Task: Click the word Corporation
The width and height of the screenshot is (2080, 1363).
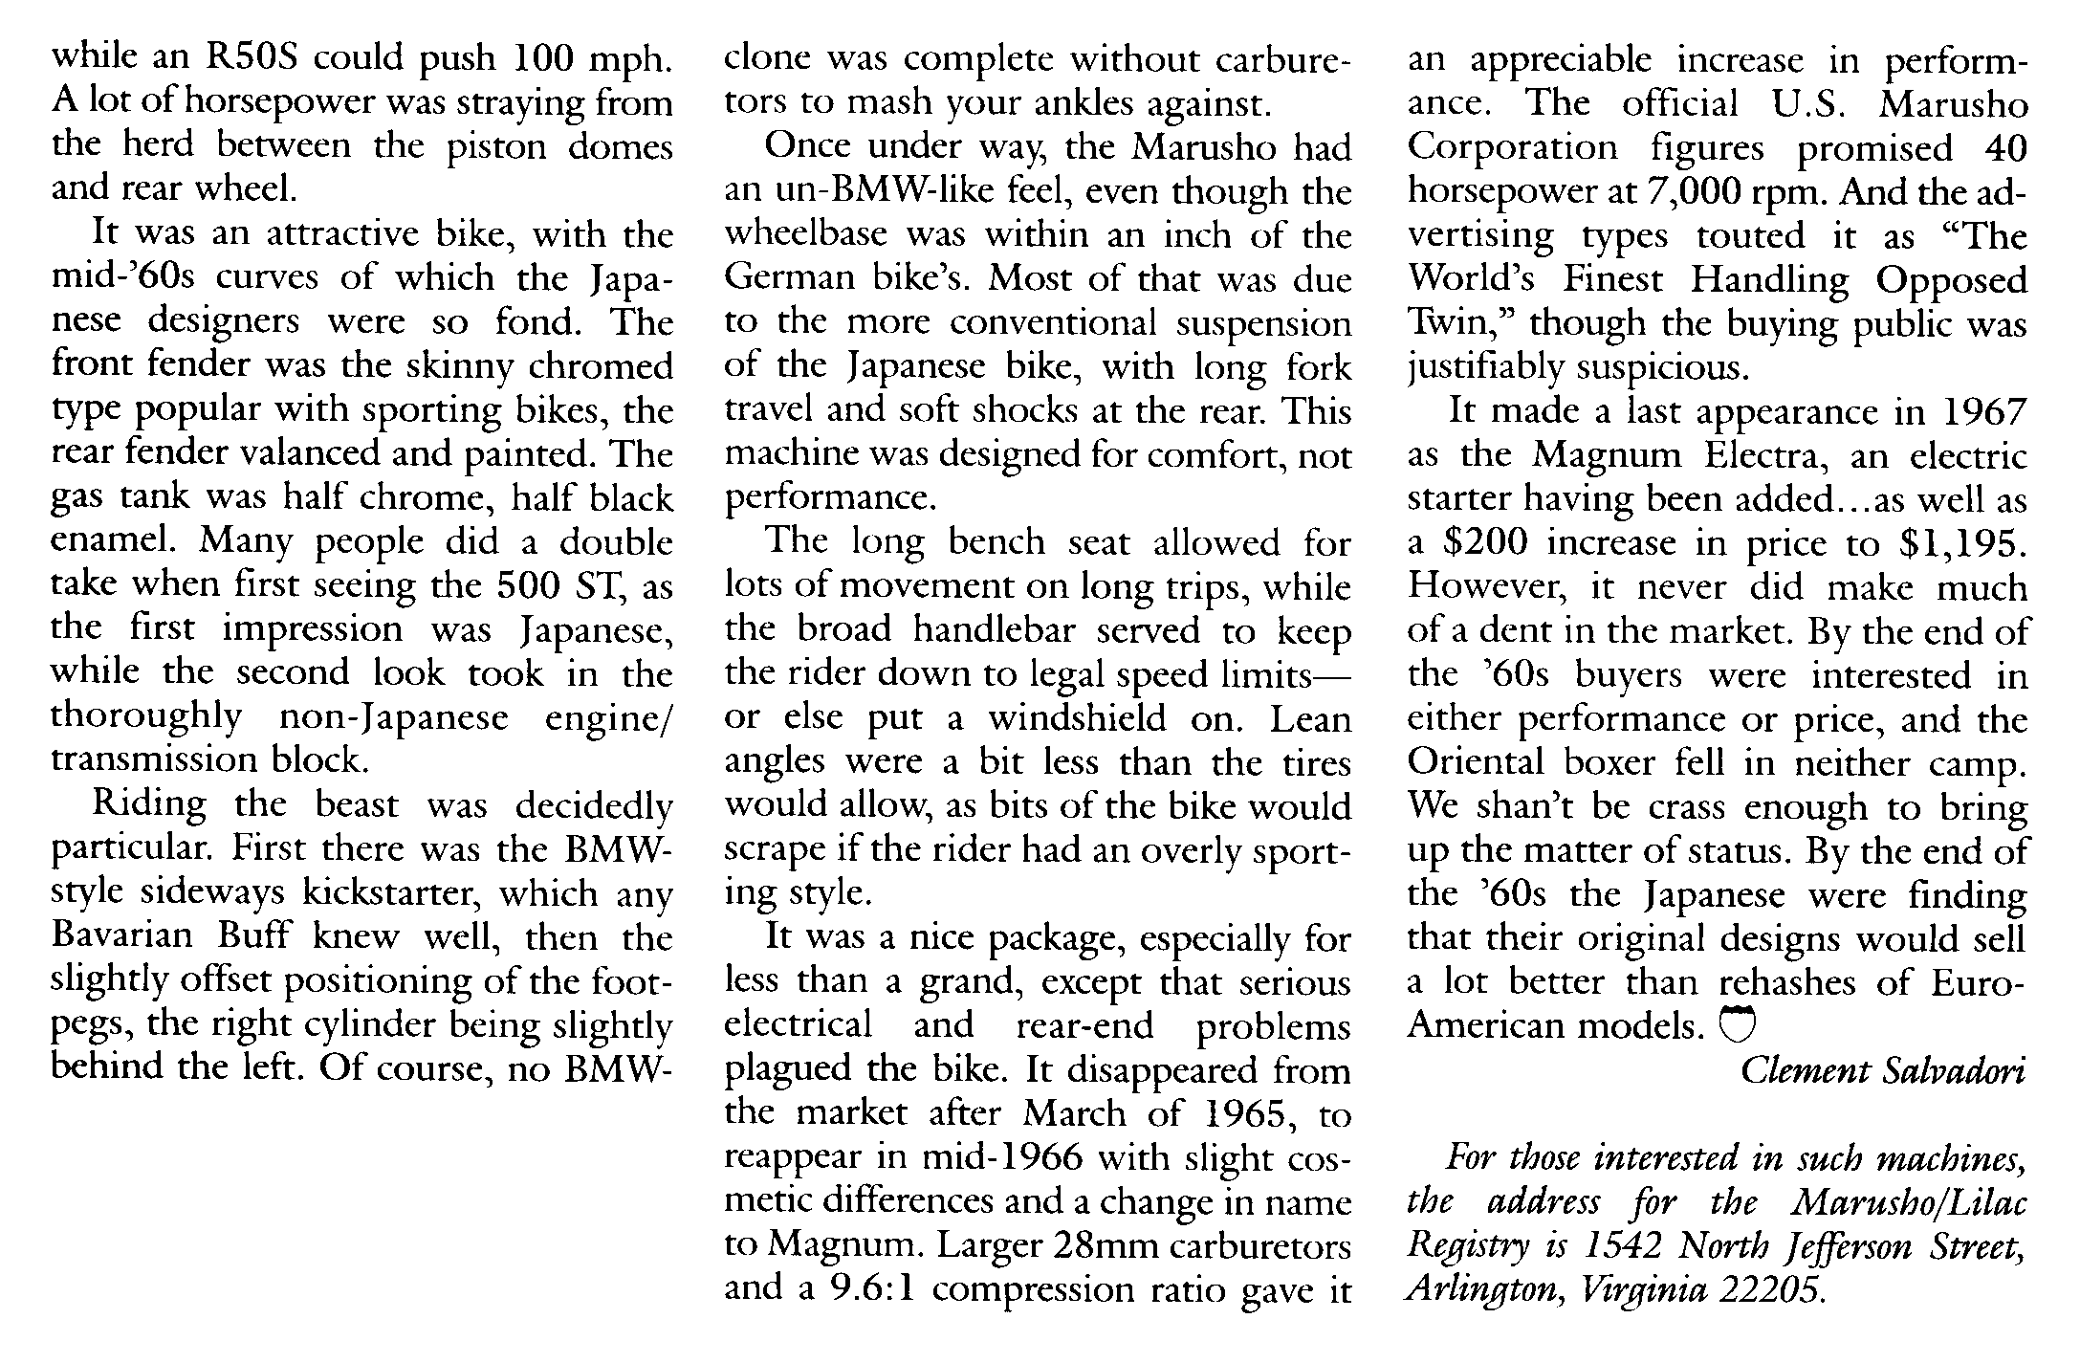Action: pyautogui.click(x=1513, y=147)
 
